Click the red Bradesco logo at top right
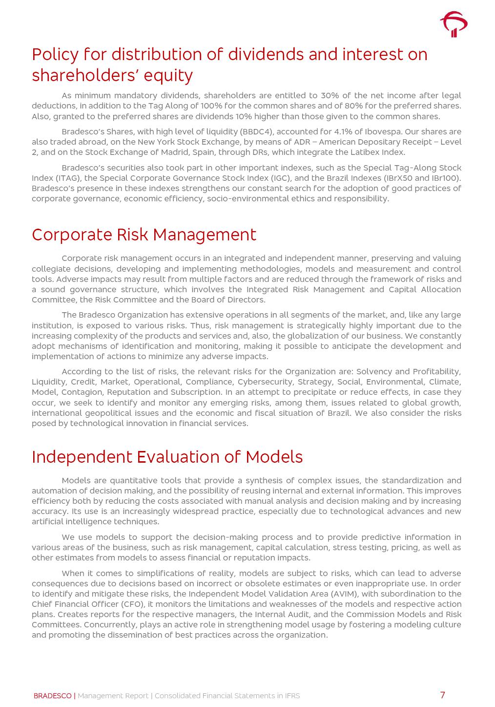coord(454,24)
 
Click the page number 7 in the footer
coord(442,695)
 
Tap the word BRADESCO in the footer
coord(52,696)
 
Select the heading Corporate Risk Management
coord(144,235)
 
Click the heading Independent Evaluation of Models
coord(167,457)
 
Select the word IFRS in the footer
coord(291,696)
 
